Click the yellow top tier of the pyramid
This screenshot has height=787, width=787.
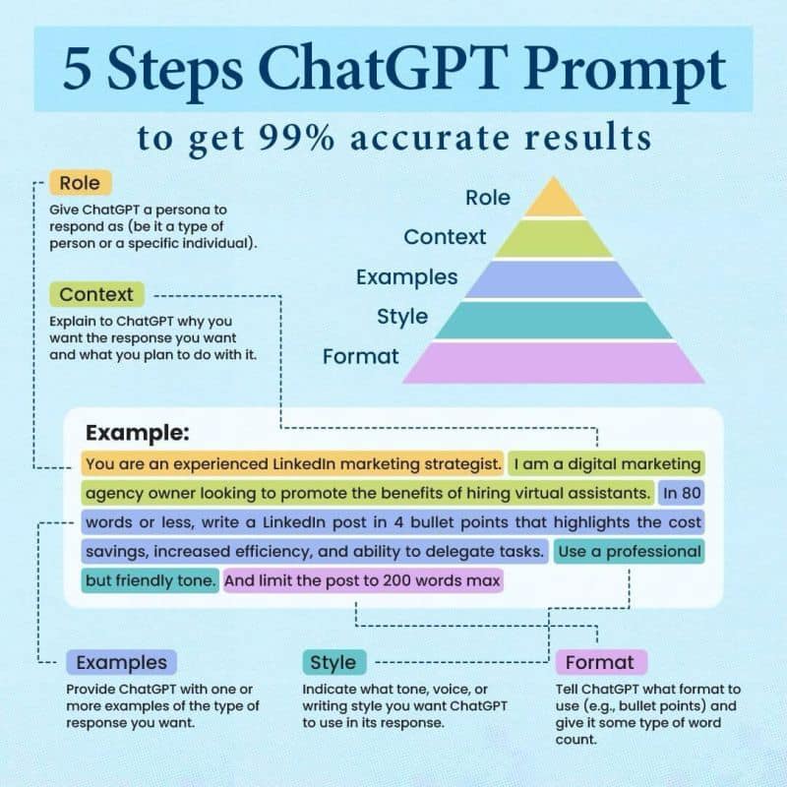pyautogui.click(x=553, y=201)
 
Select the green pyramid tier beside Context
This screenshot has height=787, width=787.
pyautogui.click(x=553, y=238)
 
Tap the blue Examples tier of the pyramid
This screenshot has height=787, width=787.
pyautogui.click(x=553, y=278)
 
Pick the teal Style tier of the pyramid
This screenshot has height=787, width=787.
pyautogui.click(x=553, y=320)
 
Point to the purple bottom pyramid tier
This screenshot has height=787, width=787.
pyautogui.click(x=553, y=362)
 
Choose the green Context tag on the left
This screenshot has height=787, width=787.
pyautogui.click(x=95, y=294)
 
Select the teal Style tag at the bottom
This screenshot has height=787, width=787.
pyautogui.click(x=333, y=662)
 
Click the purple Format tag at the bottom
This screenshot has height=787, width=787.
pyautogui.click(x=600, y=662)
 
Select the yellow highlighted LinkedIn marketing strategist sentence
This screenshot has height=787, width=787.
pyautogui.click(x=293, y=462)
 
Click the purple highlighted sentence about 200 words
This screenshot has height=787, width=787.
pyautogui.click(x=363, y=580)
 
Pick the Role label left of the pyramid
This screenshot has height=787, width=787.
pyautogui.click(x=488, y=197)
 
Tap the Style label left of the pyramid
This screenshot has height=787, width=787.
pyautogui.click(x=401, y=316)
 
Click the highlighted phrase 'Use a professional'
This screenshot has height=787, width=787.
pyautogui.click(x=629, y=551)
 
